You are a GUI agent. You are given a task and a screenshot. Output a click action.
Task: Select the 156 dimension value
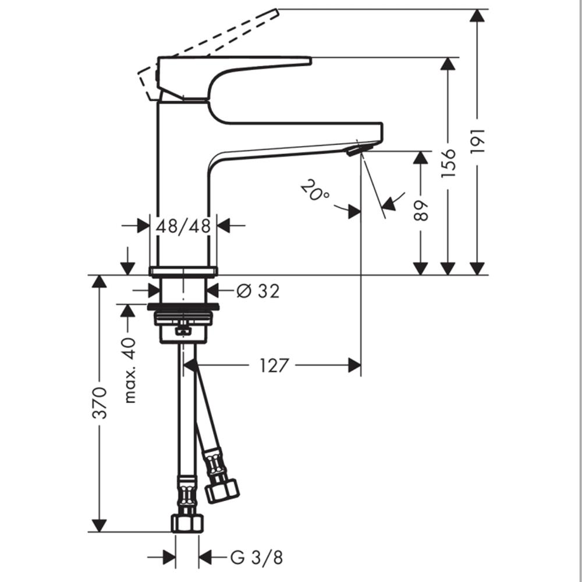[448, 163]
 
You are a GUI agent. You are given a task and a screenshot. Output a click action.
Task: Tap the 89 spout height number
[421, 211]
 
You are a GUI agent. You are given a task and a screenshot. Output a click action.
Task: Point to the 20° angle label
[314, 190]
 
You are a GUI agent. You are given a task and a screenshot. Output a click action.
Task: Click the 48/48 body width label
[183, 225]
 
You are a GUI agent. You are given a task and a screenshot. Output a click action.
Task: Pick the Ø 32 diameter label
[258, 291]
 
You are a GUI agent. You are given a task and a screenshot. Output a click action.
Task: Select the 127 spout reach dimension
[273, 365]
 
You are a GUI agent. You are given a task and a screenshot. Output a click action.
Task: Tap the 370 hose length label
[100, 403]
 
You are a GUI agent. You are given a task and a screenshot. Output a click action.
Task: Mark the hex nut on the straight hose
[187, 523]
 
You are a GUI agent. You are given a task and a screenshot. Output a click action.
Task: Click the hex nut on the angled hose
[222, 491]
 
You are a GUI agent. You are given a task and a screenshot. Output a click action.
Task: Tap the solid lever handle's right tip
[311, 61]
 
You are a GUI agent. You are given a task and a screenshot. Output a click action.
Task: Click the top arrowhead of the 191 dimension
[477, 16]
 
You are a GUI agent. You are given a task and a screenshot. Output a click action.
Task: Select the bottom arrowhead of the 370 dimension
[99, 526]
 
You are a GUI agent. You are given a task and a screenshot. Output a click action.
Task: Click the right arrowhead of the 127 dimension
[354, 365]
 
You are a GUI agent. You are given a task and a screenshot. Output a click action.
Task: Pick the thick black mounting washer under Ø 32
[183, 307]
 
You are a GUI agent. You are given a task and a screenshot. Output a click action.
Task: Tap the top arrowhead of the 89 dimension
[421, 158]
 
